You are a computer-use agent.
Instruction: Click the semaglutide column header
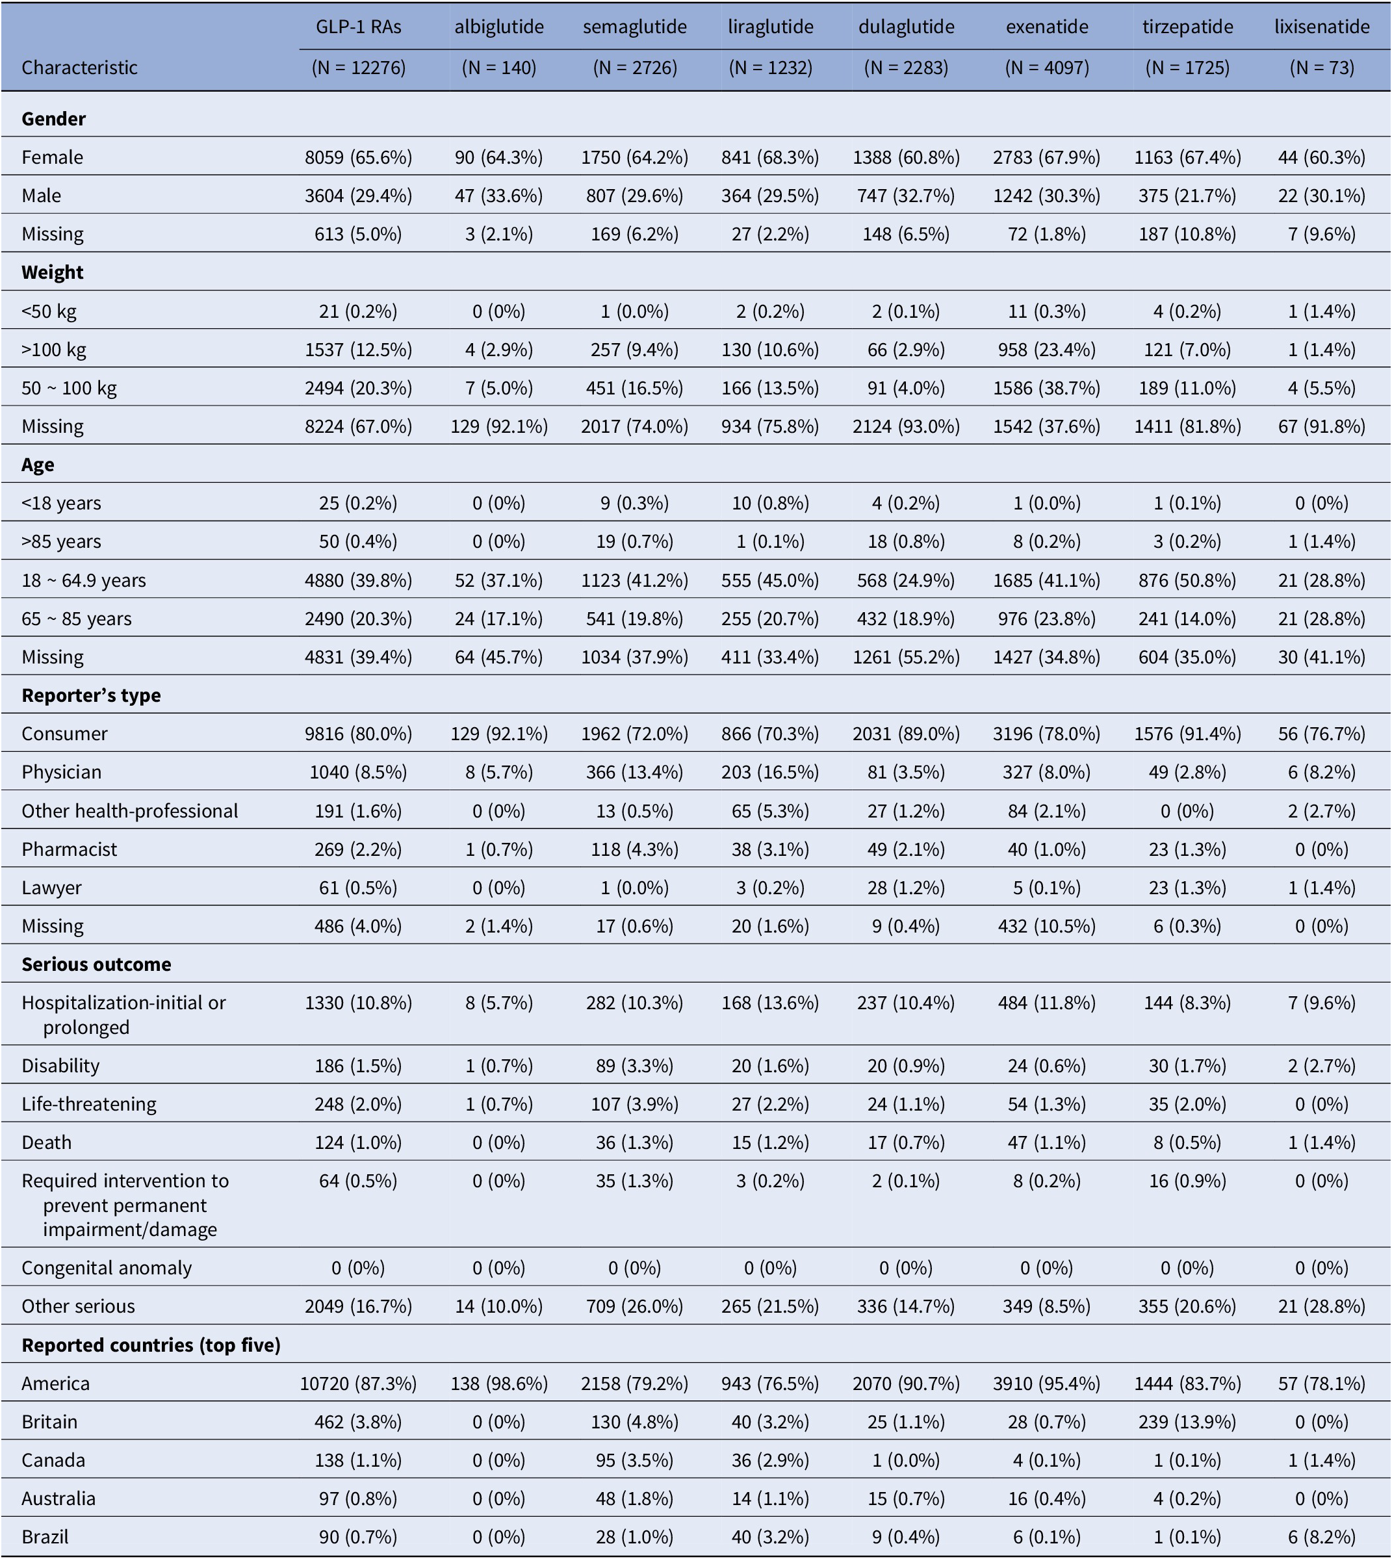[635, 27]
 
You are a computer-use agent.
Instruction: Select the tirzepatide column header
[1188, 27]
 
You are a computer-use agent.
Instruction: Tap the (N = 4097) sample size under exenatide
[1047, 68]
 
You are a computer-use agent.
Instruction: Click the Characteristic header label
[79, 68]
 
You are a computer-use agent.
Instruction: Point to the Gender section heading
[53, 118]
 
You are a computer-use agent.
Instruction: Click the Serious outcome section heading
[96, 964]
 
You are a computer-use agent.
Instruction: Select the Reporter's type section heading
[91, 695]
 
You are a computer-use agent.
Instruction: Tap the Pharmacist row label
[70, 849]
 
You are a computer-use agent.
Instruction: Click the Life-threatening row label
[89, 1104]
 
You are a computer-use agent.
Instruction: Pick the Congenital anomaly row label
[107, 1268]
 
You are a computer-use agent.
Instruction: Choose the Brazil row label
[47, 1537]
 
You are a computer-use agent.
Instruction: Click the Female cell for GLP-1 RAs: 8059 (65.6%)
[359, 157]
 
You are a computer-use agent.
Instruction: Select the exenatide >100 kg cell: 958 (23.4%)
[1047, 350]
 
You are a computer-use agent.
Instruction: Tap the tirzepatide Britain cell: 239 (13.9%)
[1188, 1421]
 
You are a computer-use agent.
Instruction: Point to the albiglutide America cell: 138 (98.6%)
[500, 1383]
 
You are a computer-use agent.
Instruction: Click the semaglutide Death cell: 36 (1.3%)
[635, 1142]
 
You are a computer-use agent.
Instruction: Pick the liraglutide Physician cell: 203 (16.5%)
[770, 772]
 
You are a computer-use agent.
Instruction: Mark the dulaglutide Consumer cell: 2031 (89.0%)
[907, 734]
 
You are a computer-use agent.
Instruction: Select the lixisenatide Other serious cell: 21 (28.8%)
[1322, 1306]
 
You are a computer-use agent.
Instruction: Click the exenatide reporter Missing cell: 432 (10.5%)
[1047, 925]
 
